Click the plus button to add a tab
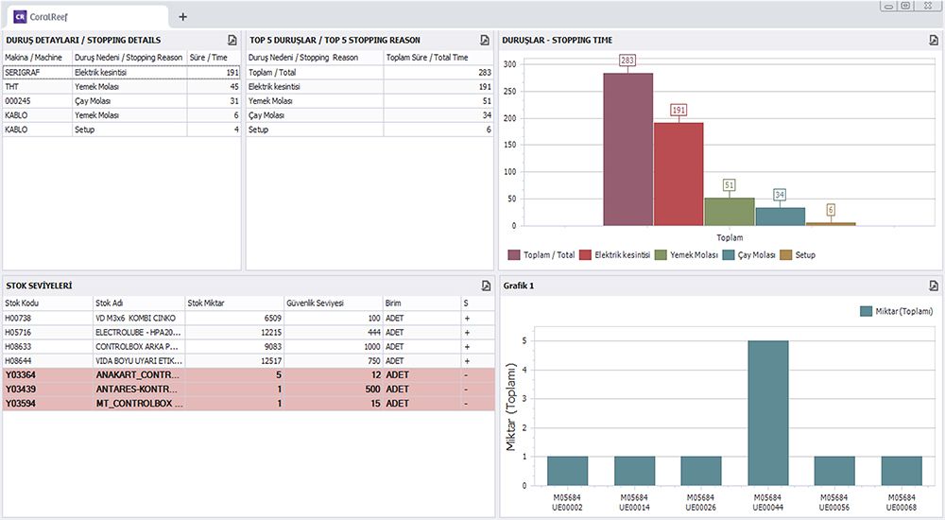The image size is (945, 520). [x=182, y=16]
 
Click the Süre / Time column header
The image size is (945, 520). [x=209, y=58]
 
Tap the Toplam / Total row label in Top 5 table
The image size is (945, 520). [x=272, y=72]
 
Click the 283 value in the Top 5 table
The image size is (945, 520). [x=484, y=72]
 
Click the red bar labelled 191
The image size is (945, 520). [x=678, y=174]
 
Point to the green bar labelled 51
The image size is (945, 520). [x=729, y=212]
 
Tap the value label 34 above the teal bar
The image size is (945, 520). [x=780, y=195]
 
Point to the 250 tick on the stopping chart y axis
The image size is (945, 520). [x=510, y=92]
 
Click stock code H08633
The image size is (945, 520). [x=19, y=346]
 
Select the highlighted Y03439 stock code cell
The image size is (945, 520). [x=21, y=389]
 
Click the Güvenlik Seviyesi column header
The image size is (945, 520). [x=315, y=303]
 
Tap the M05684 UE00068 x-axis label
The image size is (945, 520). [x=901, y=502]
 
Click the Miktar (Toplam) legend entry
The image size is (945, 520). [x=897, y=311]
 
